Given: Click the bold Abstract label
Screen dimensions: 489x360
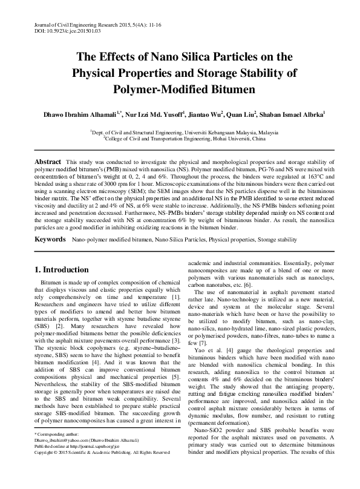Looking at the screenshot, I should [x=48, y=162].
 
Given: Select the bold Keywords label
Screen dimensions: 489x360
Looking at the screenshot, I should [x=50, y=240].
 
